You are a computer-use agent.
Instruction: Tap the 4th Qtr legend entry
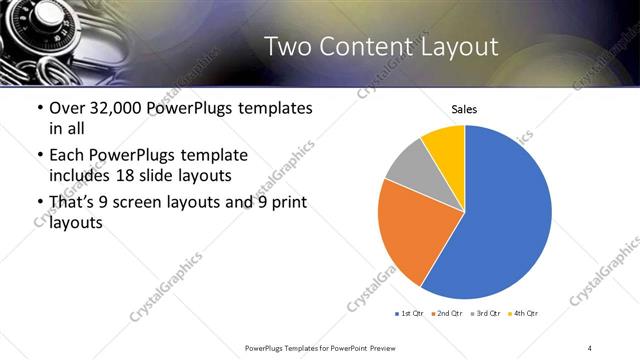(524, 314)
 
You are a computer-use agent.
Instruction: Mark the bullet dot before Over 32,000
(39, 108)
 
